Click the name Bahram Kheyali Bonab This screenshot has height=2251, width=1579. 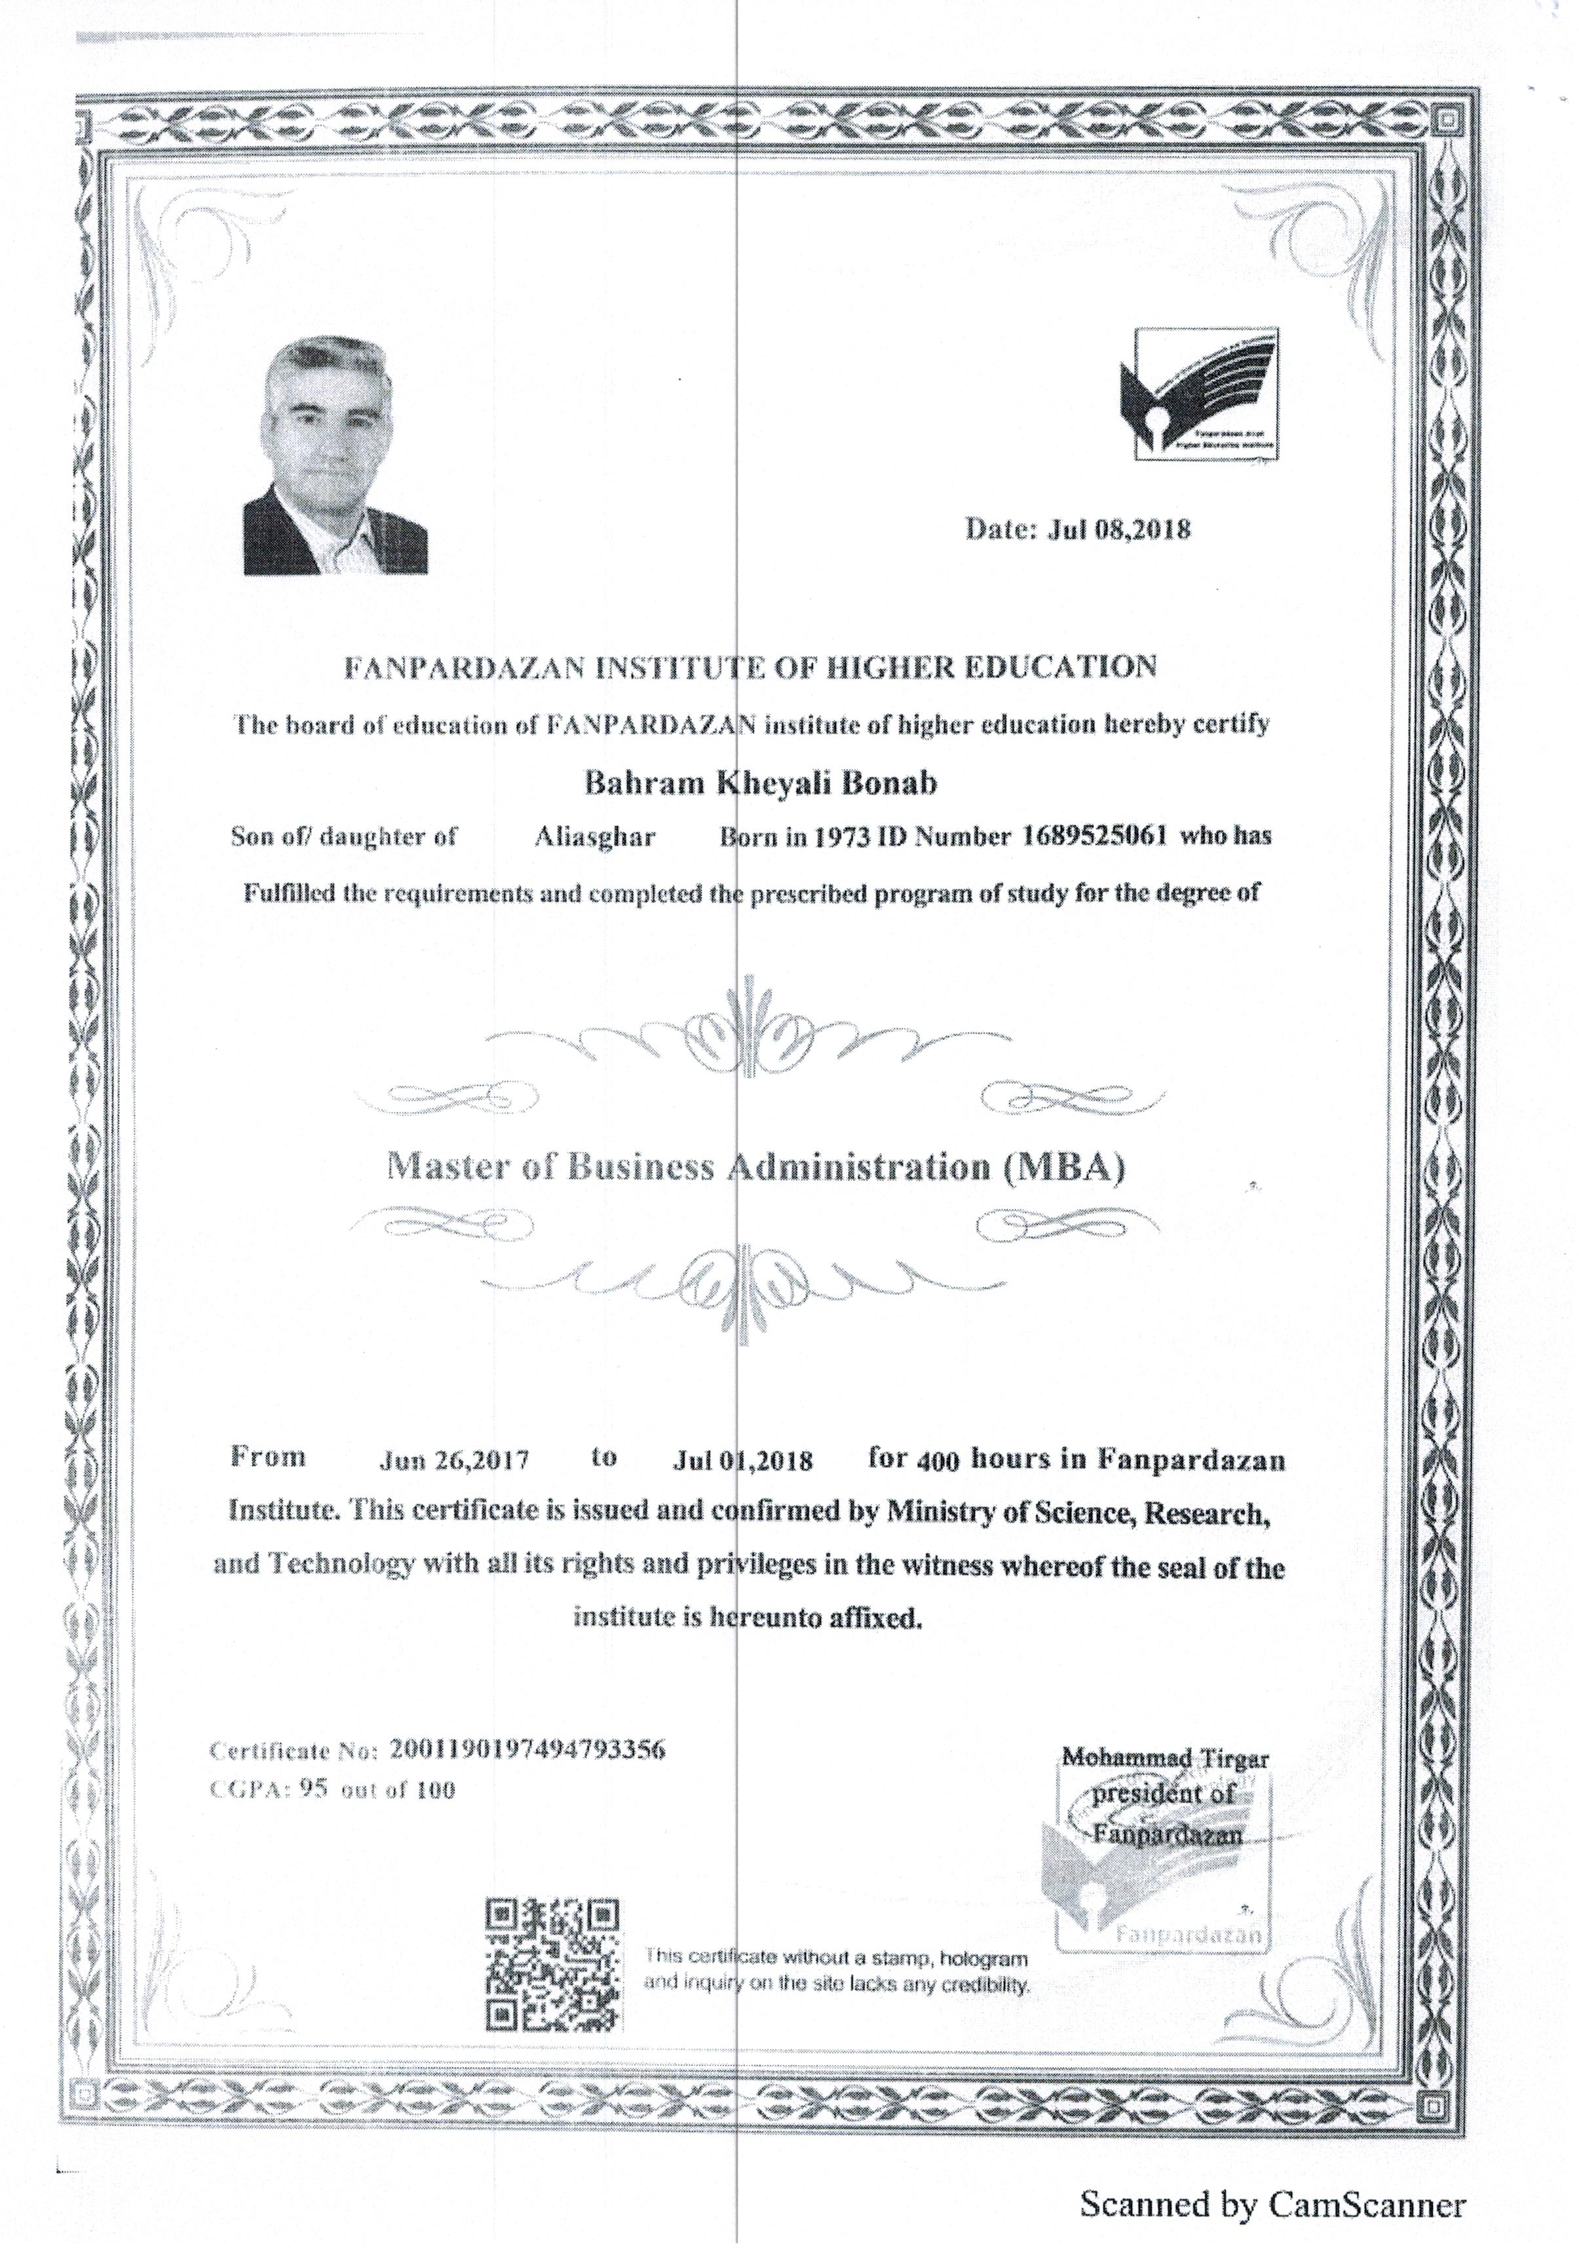click(x=760, y=783)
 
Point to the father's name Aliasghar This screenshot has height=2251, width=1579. click(x=594, y=836)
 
